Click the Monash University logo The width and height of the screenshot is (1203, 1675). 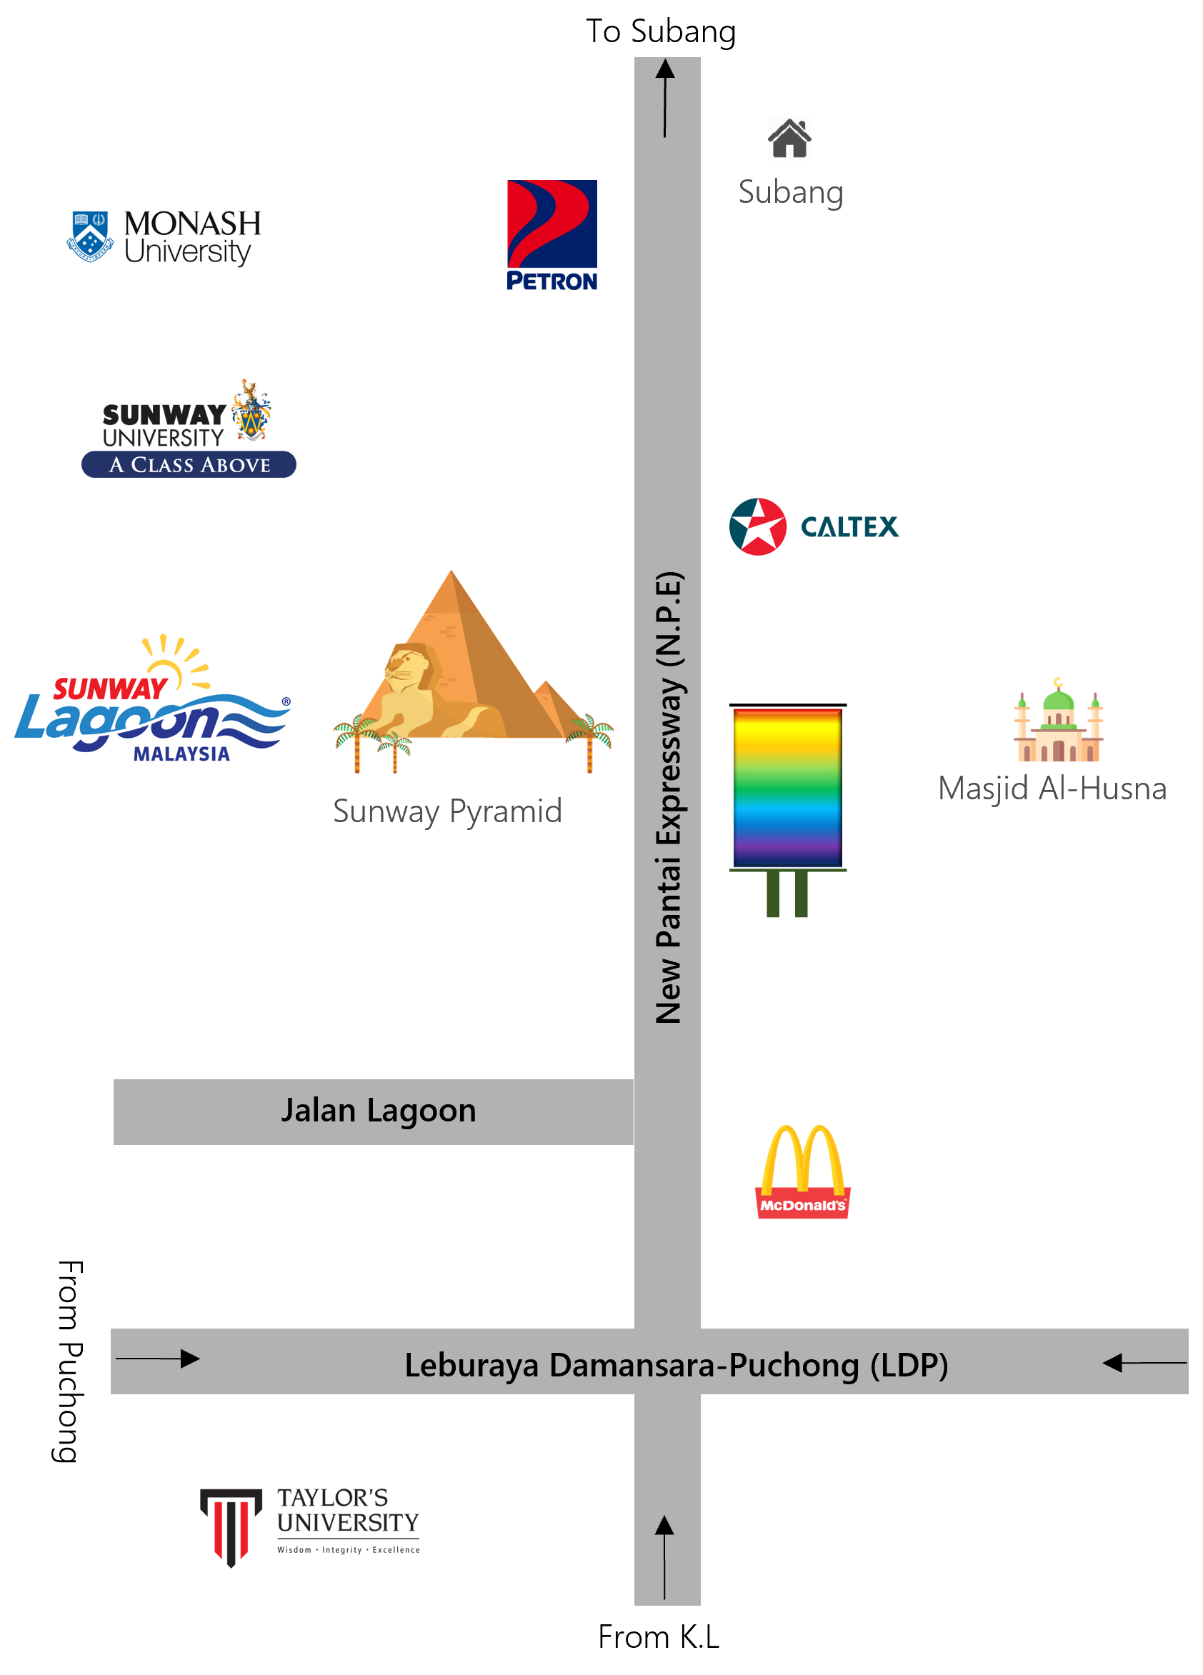point(163,239)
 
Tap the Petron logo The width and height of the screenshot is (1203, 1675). point(551,235)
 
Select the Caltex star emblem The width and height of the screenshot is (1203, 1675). point(757,526)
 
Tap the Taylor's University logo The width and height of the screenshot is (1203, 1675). point(309,1526)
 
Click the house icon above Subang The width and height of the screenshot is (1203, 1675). point(789,138)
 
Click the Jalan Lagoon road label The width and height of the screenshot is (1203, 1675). point(378,1111)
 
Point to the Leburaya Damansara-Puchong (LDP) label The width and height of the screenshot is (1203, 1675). point(676,1365)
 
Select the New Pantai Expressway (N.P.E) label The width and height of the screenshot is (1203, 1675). point(669,798)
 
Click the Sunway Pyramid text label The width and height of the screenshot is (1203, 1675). point(447,811)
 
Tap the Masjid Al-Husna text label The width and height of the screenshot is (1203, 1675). point(1052,789)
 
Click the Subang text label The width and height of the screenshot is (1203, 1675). point(791,192)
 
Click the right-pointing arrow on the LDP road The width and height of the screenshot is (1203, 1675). point(158,1358)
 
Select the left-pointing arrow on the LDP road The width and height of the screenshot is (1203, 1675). point(1144,1363)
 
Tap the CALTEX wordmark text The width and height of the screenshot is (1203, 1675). point(849,527)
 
